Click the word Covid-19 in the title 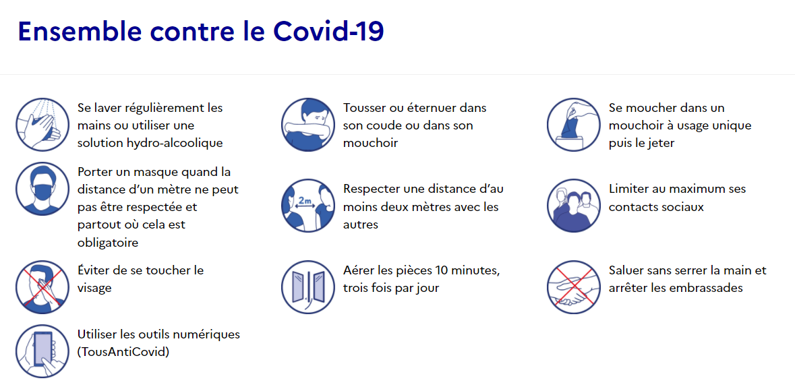328,32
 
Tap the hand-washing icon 42,125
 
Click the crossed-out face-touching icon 42,287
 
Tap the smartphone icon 42,351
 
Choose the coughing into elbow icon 307,125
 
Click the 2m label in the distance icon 305,201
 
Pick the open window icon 307,287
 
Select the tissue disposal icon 573,125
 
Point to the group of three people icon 573,206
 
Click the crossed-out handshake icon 573,287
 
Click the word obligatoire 108,243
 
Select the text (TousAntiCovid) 123,352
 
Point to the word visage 94,289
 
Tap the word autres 361,225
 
